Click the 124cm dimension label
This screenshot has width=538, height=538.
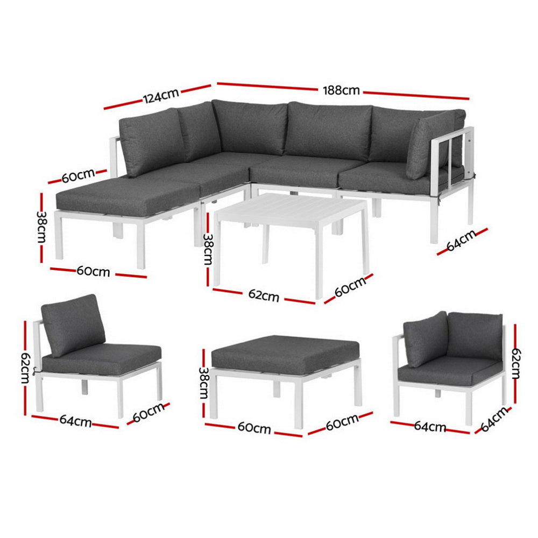click(x=160, y=97)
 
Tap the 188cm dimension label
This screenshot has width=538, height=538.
click(x=341, y=90)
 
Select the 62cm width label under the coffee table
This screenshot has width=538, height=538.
click(x=263, y=295)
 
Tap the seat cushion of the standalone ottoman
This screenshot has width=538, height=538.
click(x=285, y=352)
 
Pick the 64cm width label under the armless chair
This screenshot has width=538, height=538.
click(x=75, y=422)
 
